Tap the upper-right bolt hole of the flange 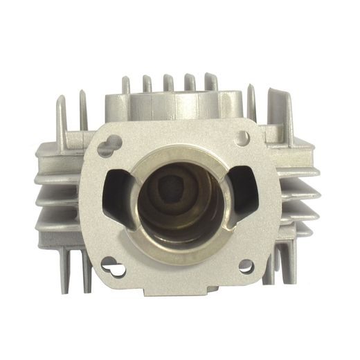(x=242, y=138)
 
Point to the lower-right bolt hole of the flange (x=246, y=265)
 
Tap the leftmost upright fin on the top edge (x=126, y=86)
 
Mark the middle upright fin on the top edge (x=168, y=82)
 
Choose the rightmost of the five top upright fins (x=210, y=82)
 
